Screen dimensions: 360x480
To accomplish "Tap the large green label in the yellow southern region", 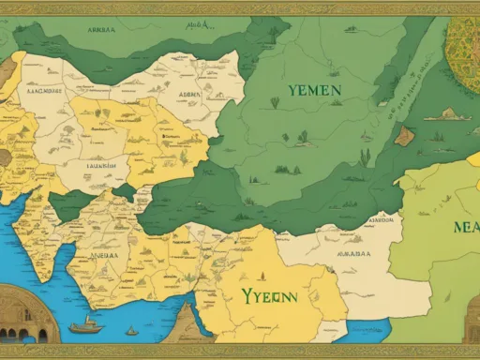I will pyautogui.click(x=268, y=295).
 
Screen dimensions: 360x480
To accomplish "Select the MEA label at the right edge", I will pyautogui.click(x=465, y=227).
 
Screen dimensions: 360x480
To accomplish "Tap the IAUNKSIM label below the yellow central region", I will pyautogui.click(x=106, y=164).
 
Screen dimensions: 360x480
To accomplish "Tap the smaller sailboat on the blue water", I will pyautogui.click(x=132, y=330).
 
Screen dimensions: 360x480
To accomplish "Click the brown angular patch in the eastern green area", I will pyautogui.click(x=405, y=136).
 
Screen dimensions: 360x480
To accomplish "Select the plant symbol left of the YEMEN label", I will pyautogui.click(x=275, y=102).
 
